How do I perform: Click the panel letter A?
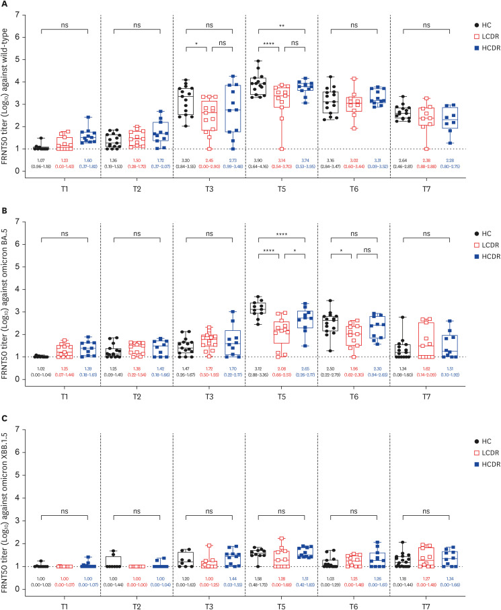(x=5, y=5)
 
